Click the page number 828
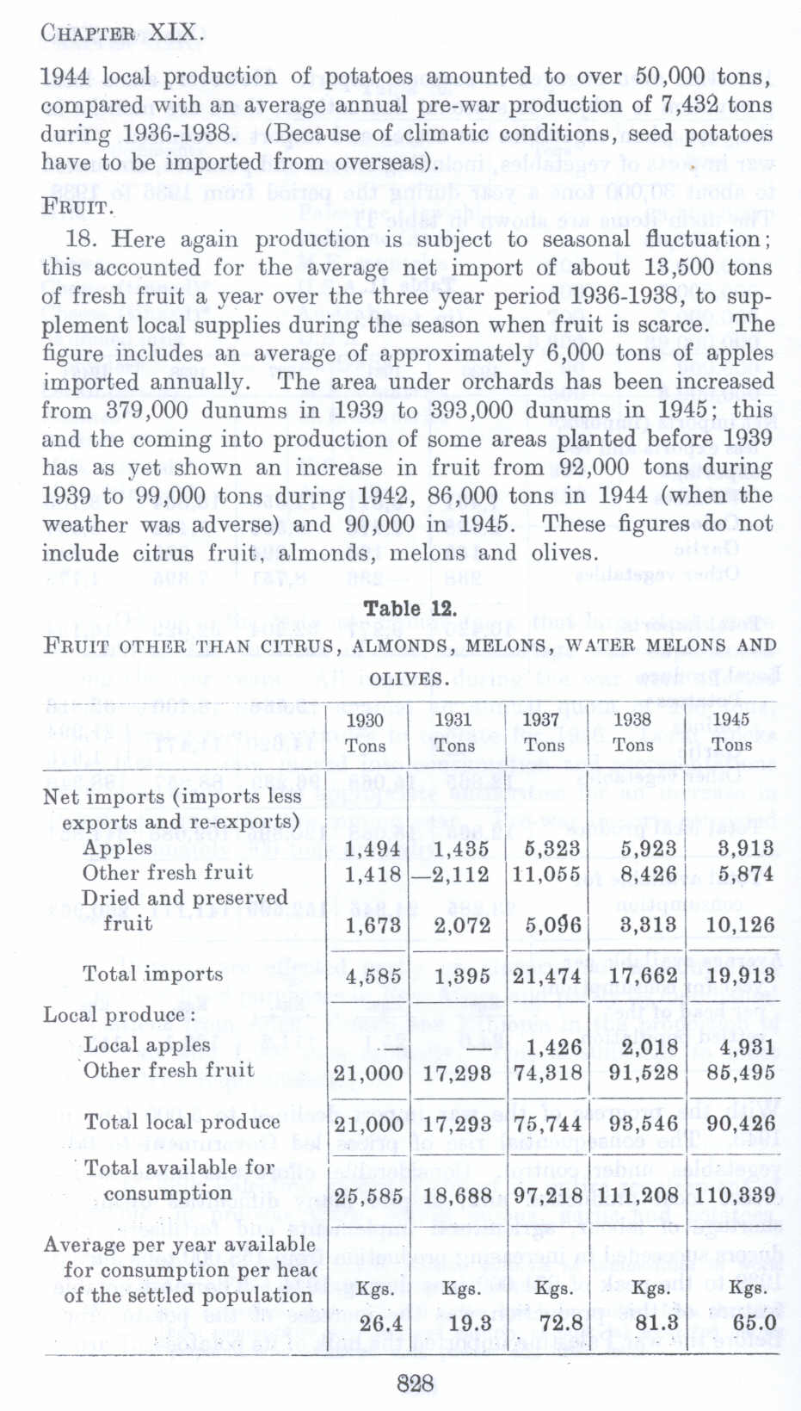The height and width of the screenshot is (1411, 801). pyautogui.click(x=415, y=1383)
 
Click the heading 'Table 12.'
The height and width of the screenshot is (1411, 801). pyautogui.click(x=409, y=608)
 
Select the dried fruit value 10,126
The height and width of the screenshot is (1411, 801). pyautogui.click(x=734, y=925)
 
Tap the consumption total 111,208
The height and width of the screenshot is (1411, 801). pyautogui.click(x=636, y=1196)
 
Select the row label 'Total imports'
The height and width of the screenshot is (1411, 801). pyautogui.click(x=152, y=974)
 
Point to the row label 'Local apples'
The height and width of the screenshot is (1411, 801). pyautogui.click(x=146, y=1045)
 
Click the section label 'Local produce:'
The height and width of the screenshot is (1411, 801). pyautogui.click(x=115, y=1015)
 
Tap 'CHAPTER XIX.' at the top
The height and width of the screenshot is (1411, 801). pyautogui.click(x=121, y=34)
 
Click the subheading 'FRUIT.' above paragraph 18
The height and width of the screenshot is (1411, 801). pyautogui.click(x=77, y=207)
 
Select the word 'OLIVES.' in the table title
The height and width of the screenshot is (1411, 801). pyautogui.click(x=409, y=678)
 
